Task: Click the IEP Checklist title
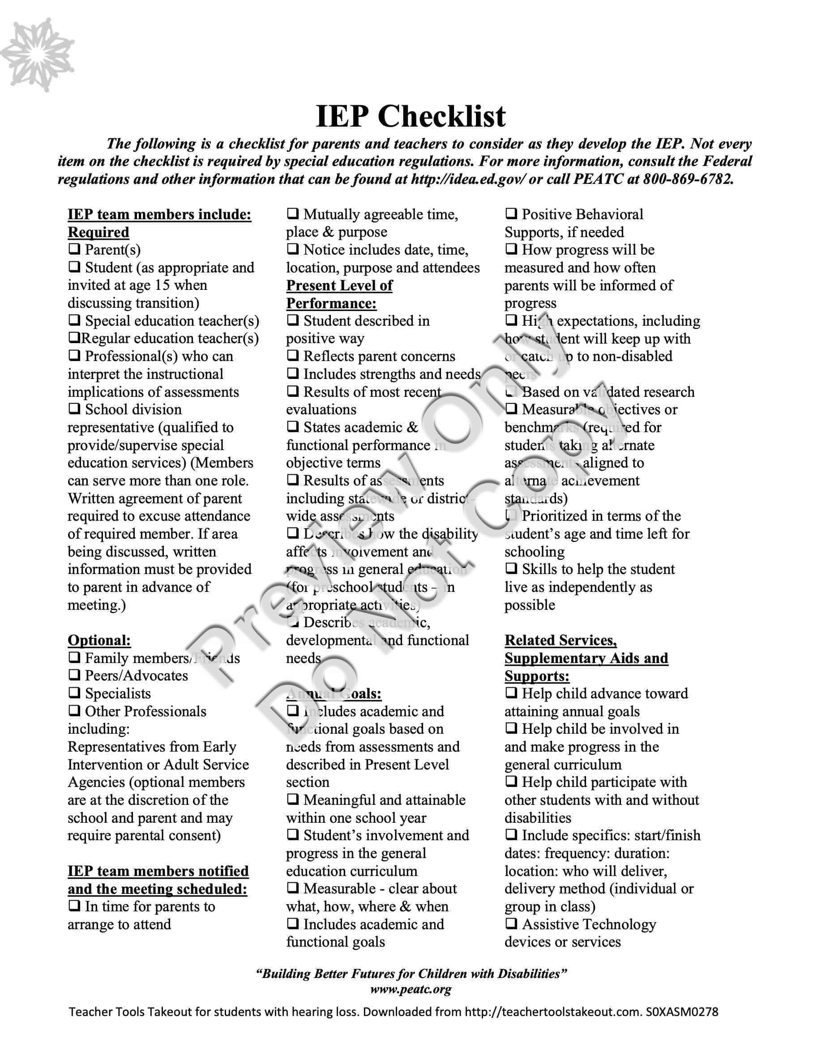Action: click(x=411, y=116)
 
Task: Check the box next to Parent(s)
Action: click(x=74, y=250)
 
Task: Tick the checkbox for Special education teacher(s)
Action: click(x=74, y=321)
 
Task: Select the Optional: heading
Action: click(x=99, y=640)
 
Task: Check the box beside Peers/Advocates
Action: click(x=74, y=676)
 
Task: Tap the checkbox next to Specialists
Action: click(x=74, y=693)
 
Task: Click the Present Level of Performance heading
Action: click(x=339, y=294)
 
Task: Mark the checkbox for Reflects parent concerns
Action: click(x=293, y=356)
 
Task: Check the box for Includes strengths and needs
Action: click(x=293, y=374)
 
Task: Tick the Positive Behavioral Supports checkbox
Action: click(x=511, y=214)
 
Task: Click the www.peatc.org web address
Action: click(x=411, y=989)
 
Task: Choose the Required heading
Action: click(x=98, y=232)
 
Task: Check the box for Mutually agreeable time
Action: click(x=293, y=214)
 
